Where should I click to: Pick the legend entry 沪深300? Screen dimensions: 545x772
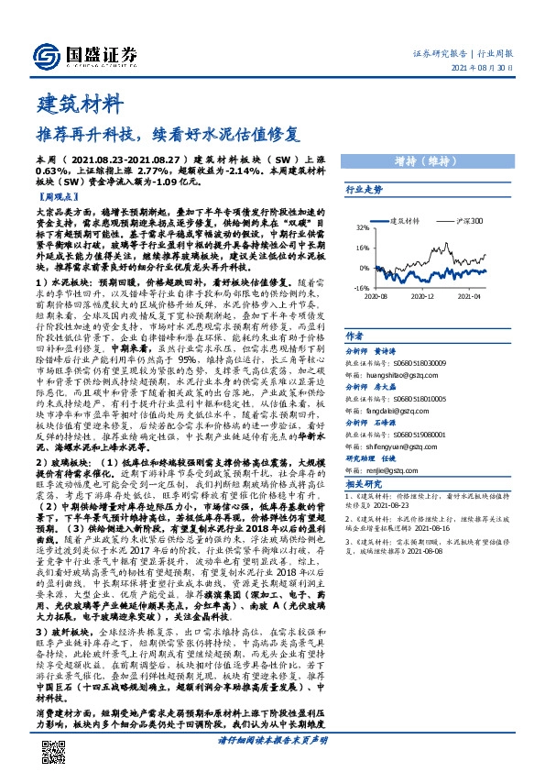(467, 221)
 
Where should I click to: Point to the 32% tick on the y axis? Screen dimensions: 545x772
(364, 227)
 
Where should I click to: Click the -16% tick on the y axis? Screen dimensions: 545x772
(363, 288)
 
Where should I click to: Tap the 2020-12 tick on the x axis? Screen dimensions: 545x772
(421, 296)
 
